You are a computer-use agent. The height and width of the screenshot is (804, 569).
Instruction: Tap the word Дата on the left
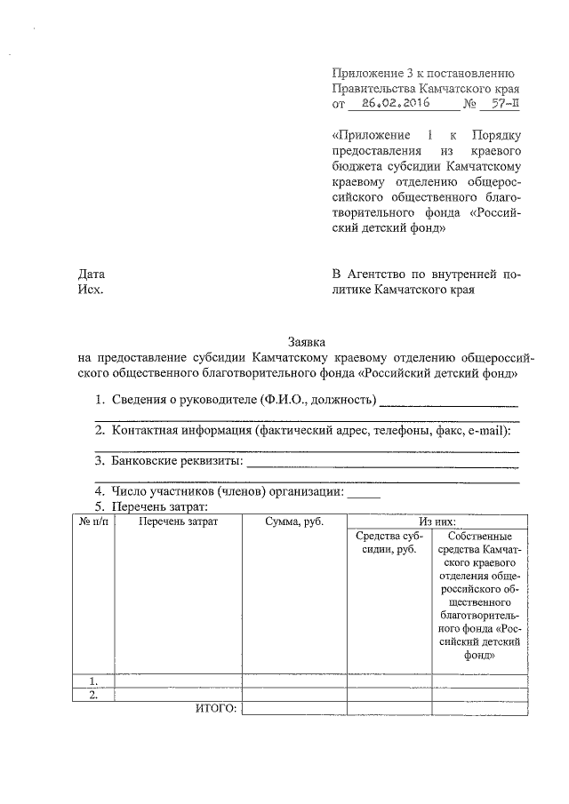pyautogui.click(x=92, y=274)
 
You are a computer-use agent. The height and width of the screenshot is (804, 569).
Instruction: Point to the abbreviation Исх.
pyautogui.click(x=90, y=289)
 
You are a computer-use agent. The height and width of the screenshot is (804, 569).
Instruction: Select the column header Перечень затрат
pyautogui.click(x=178, y=521)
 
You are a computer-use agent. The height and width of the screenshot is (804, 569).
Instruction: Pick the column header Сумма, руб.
pyautogui.click(x=293, y=521)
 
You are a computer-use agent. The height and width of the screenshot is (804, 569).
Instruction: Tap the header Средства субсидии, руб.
pyautogui.click(x=389, y=544)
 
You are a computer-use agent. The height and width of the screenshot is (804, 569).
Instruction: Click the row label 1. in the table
pyautogui.click(x=92, y=681)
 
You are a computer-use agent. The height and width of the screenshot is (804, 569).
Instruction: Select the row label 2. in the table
pyautogui.click(x=92, y=695)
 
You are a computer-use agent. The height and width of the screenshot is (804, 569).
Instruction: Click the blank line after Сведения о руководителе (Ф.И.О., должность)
pyautogui.click(x=448, y=402)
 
